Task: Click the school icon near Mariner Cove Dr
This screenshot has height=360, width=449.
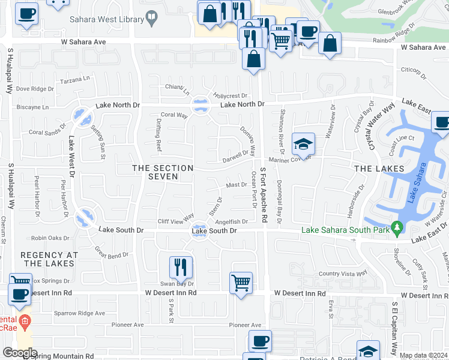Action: [304, 145]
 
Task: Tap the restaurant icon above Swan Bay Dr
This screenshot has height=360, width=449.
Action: [181, 267]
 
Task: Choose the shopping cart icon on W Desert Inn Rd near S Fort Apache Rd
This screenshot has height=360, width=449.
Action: [241, 282]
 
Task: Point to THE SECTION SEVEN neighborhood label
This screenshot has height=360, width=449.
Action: [163, 172]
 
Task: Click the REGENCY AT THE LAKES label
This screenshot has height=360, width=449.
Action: [49, 259]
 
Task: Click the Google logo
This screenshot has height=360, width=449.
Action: [20, 353]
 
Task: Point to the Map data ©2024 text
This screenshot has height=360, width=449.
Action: [423, 355]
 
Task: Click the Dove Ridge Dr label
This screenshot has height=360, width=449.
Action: [35, 89]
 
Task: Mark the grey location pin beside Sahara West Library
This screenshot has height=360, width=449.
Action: [152, 19]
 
